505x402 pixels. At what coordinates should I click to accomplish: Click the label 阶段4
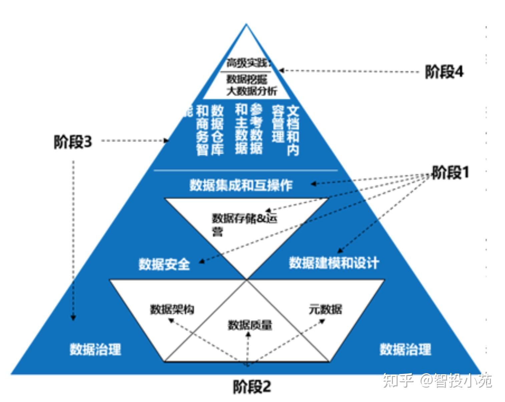pyautogui.click(x=444, y=72)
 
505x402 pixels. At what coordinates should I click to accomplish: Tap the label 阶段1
pyautogui.click(x=450, y=173)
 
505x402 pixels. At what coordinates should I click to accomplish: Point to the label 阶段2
pyautogui.click(x=252, y=387)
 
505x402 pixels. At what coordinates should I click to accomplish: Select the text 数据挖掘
pyautogui.click(x=247, y=79)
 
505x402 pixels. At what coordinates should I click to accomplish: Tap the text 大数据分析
pyautogui.click(x=251, y=91)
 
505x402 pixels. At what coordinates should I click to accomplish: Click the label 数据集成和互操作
pyautogui.click(x=241, y=185)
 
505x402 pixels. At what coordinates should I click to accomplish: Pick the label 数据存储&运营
pyautogui.click(x=244, y=224)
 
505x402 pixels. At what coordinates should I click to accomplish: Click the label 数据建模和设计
pyautogui.click(x=334, y=263)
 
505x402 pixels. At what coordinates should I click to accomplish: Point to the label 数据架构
pyautogui.click(x=172, y=310)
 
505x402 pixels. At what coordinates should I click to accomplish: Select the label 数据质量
pyautogui.click(x=250, y=325)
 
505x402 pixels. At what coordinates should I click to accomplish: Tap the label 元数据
pyautogui.click(x=325, y=310)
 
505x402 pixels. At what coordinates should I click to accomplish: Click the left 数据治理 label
pyautogui.click(x=95, y=350)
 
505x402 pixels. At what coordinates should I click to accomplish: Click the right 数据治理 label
pyautogui.click(x=405, y=350)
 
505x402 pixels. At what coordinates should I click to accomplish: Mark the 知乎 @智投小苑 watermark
pyautogui.click(x=437, y=381)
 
